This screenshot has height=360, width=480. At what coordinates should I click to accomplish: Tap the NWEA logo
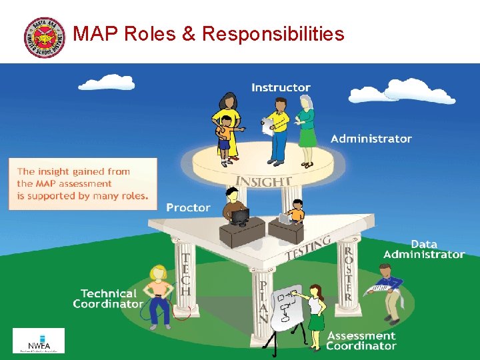(39, 340)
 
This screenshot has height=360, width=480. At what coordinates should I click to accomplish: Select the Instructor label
(281, 87)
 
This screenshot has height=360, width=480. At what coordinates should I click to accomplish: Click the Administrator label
(371, 139)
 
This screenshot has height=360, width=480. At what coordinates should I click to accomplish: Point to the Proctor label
(188, 208)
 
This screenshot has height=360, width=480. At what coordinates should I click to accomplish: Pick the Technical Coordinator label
(108, 299)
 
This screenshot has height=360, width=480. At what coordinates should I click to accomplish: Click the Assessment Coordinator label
(361, 341)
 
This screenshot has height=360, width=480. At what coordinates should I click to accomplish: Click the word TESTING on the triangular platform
(308, 248)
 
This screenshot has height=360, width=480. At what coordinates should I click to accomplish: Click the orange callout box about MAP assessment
(83, 183)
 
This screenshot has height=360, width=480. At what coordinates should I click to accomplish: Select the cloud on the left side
(107, 83)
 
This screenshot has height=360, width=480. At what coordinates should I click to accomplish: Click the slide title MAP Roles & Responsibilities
(209, 33)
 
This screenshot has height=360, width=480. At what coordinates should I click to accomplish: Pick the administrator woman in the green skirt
(307, 130)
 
